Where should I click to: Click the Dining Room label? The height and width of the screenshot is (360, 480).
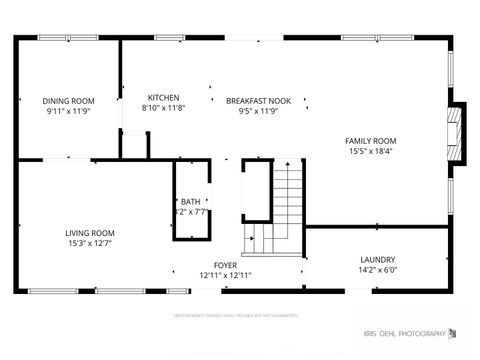tap(68, 100)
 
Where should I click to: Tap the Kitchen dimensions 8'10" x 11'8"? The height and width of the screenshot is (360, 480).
tap(164, 108)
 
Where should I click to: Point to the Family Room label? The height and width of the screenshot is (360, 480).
tap(370, 141)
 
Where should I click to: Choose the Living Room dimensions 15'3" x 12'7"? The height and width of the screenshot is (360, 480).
tap(90, 243)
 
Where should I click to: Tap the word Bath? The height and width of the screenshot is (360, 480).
tap(190, 202)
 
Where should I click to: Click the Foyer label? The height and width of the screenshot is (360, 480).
tap(224, 265)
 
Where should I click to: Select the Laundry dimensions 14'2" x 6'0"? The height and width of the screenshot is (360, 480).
tap(378, 270)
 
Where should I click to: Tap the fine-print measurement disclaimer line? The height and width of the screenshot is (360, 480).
tap(236, 315)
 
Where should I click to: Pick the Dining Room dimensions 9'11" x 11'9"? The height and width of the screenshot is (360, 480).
tap(68, 111)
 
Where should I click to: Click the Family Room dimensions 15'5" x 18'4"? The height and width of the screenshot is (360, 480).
tap(370, 152)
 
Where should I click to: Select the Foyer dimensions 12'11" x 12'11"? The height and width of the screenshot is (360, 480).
tap(224, 275)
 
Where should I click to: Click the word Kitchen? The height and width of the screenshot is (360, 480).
tap(164, 98)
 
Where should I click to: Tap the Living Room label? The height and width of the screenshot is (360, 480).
tap(90, 233)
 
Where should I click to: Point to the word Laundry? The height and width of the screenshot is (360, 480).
tap(378, 260)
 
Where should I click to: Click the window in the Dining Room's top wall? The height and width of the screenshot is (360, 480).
tap(68, 38)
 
